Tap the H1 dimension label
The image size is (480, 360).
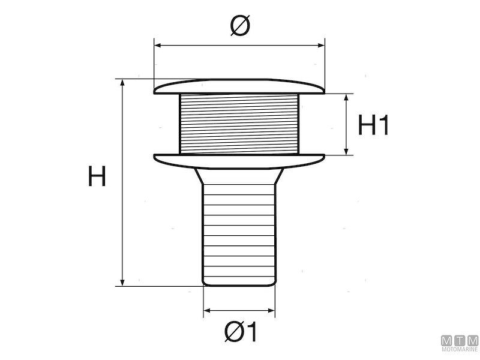click(374, 125)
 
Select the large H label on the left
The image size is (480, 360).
click(97, 177)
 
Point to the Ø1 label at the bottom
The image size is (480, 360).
click(240, 331)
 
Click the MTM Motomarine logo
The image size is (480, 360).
click(460, 343)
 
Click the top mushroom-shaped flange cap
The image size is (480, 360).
click(239, 87)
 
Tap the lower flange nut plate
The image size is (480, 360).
click(239, 160)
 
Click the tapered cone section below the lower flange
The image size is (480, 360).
click(239, 175)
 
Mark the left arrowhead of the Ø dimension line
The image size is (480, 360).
click(158, 44)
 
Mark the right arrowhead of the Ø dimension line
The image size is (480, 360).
click(321, 44)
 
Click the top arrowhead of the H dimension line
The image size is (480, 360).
click(123, 82)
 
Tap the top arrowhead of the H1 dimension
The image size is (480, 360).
click(347, 97)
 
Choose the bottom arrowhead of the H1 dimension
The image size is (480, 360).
click(347, 152)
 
